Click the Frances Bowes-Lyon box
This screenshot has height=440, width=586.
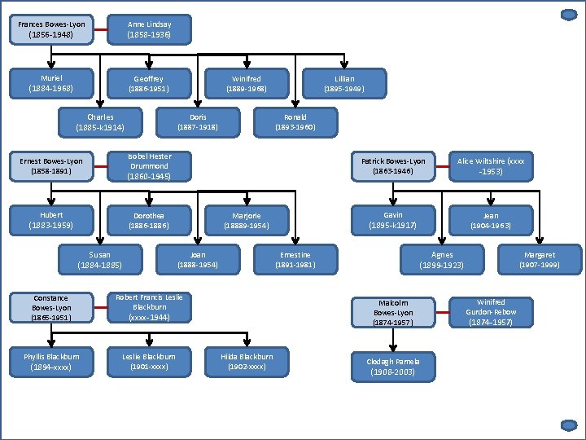click(x=51, y=29)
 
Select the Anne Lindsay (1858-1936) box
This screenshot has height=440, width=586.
click(x=149, y=29)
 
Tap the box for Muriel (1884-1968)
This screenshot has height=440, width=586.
click(x=51, y=82)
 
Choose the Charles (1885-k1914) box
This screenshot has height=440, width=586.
click(x=100, y=122)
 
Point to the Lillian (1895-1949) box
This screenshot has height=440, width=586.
click(x=344, y=83)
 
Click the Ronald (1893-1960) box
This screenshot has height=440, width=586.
click(x=295, y=122)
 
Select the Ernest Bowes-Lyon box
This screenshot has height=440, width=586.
click(x=51, y=166)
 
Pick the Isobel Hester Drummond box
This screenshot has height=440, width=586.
click(x=149, y=166)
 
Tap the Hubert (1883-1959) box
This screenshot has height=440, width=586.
click(x=51, y=220)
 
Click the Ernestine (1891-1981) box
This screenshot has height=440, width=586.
click(x=295, y=259)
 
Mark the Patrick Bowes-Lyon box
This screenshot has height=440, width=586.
click(x=393, y=166)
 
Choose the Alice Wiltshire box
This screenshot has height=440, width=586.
click(x=491, y=166)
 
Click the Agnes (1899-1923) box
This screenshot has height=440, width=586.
click(x=442, y=260)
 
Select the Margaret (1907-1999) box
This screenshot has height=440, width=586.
click(x=540, y=259)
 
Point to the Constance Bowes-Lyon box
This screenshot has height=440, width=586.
click(x=51, y=308)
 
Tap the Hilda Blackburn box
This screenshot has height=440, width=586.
click(x=247, y=361)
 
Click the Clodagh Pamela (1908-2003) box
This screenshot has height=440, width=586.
click(x=393, y=367)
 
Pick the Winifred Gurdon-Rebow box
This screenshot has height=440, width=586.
click(x=491, y=312)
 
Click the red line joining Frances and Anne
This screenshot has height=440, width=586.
click(x=100, y=30)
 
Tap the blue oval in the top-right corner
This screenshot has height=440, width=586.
click(x=569, y=15)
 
